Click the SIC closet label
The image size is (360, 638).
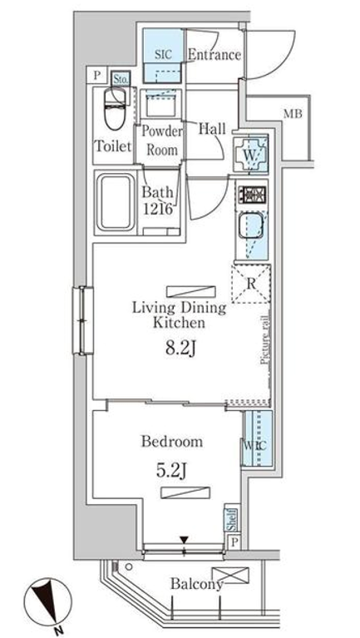pyautogui.click(x=163, y=55)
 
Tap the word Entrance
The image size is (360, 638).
pyautogui.click(x=215, y=55)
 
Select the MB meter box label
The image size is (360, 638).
pyautogui.click(x=293, y=114)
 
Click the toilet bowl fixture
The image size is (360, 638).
pyautogui.click(x=115, y=109)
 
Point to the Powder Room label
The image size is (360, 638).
pyautogui.click(x=162, y=141)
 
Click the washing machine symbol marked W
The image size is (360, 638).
pyautogui.click(x=251, y=154)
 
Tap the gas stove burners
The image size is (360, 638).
pyautogui.click(x=252, y=194)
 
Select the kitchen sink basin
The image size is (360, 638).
pyautogui.click(x=249, y=225)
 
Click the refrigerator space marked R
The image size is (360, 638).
pyautogui.click(x=251, y=284)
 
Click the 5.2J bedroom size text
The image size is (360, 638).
pyautogui.click(x=170, y=471)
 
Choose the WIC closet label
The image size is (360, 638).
pyautogui.click(x=254, y=445)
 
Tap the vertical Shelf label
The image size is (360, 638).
pyautogui.click(x=231, y=520)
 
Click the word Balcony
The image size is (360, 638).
pyautogui.click(x=197, y=584)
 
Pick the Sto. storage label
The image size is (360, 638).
pyautogui.click(x=121, y=78)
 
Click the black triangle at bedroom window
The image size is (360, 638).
pyautogui.click(x=184, y=540)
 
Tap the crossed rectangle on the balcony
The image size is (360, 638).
pyautogui.click(x=230, y=575)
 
